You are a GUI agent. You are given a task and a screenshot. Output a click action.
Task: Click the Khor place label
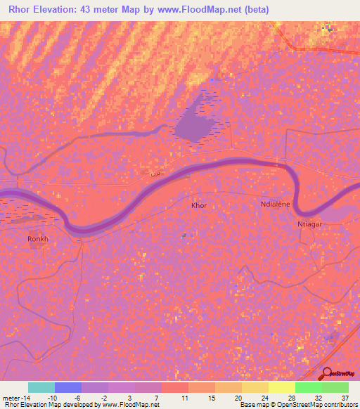[200, 207]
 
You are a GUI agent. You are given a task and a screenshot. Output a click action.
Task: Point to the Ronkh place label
[37, 240]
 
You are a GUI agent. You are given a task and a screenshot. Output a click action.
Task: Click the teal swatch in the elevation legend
[41, 387]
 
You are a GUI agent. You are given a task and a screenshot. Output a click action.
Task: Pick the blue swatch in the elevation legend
[68, 387]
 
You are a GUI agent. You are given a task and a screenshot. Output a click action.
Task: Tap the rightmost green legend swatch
[335, 387]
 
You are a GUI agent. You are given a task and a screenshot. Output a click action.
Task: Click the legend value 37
[344, 397]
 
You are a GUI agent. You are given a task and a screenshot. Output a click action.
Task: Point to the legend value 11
[184, 397]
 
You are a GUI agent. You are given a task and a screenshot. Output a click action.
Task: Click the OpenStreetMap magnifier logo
[326, 374]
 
